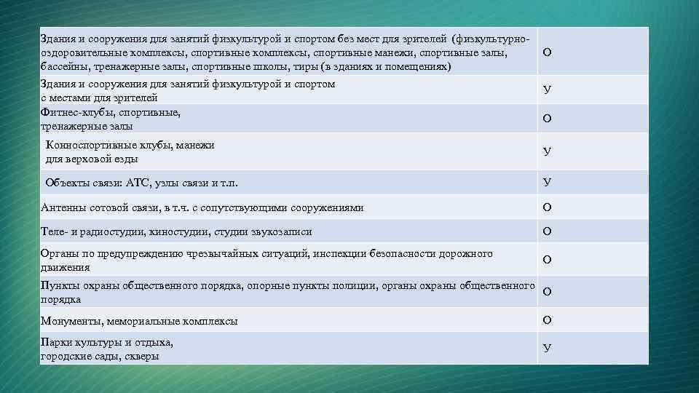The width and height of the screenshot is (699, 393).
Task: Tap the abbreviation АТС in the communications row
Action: (138, 183)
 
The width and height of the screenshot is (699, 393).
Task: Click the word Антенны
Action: (62, 207)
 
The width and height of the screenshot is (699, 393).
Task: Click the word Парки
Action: (56, 342)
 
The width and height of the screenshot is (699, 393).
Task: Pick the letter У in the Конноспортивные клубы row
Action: (547, 151)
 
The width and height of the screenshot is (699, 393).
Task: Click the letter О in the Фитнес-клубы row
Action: (547, 118)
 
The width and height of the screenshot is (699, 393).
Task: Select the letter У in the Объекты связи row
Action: (547, 182)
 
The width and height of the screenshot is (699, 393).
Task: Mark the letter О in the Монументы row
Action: (547, 319)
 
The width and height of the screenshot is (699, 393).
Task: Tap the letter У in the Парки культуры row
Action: (547, 349)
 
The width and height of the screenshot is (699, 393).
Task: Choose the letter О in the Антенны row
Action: (547, 207)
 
